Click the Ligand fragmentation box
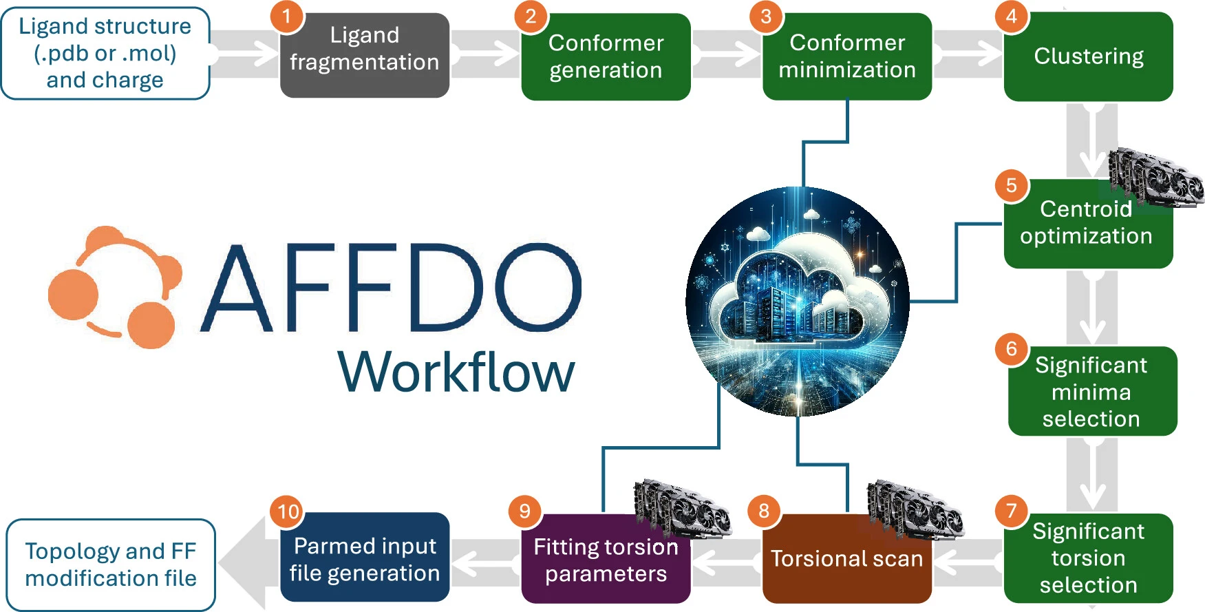coord(364,56)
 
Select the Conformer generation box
coord(606,57)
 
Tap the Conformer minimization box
coord(846,56)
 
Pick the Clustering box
coord(1088,56)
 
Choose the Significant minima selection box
coord(1092,391)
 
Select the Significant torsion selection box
coord(1088,558)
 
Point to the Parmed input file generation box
coord(364,559)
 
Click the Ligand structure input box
coord(105,53)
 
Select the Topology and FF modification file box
coord(111,564)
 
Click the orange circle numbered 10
coord(288,511)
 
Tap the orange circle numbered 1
coord(287,17)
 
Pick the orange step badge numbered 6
coord(1011,349)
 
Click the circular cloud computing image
coord(798,302)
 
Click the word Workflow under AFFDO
coord(456,372)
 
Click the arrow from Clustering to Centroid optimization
coord(1092,141)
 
